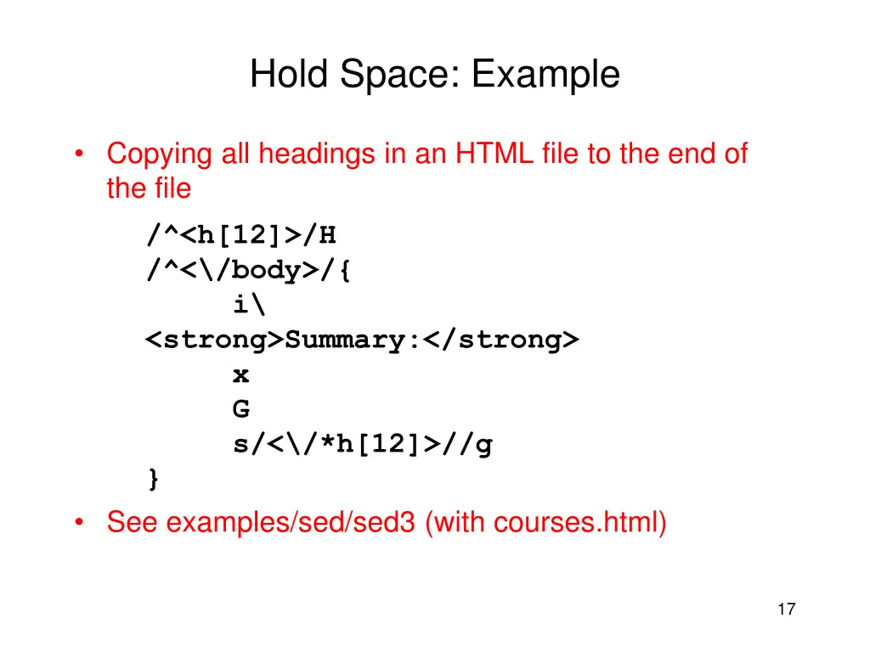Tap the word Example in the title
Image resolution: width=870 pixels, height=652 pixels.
pyautogui.click(x=546, y=75)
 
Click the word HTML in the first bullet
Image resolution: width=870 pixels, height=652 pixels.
pyautogui.click(x=494, y=155)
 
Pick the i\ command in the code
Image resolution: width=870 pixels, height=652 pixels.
pyautogui.click(x=246, y=305)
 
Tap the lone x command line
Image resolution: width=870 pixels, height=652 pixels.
pyautogui.click(x=241, y=375)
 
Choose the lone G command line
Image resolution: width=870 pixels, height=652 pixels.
pyautogui.click(x=241, y=410)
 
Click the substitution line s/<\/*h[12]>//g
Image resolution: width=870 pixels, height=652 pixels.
pyautogui.click(x=363, y=445)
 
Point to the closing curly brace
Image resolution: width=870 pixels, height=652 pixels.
pyautogui.click(x=153, y=480)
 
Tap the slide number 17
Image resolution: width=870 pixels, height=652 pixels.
pyautogui.click(x=786, y=609)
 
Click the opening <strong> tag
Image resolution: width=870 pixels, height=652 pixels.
pyautogui.click(x=214, y=340)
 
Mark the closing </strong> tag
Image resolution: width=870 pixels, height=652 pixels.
pyautogui.click(x=501, y=340)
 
